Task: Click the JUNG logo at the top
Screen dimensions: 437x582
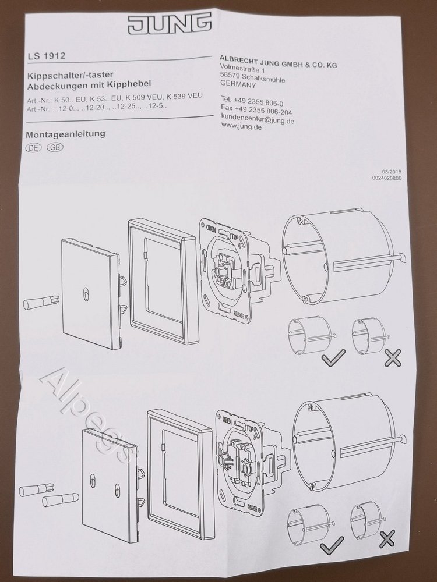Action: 170,23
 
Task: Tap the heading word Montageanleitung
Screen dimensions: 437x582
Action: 66,134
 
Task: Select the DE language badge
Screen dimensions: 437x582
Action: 33,147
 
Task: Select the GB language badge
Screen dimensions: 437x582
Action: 55,147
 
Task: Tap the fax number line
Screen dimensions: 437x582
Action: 256,110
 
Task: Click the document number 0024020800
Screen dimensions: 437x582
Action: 387,178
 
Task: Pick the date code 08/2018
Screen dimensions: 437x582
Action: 392,172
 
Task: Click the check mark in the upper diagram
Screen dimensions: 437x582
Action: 333,358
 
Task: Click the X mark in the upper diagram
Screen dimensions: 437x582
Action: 392,358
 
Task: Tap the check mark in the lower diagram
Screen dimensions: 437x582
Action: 332,545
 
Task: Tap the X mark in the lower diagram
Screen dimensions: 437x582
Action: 387,538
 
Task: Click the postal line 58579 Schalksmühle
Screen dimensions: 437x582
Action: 253,77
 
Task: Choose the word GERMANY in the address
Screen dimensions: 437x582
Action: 238,84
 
